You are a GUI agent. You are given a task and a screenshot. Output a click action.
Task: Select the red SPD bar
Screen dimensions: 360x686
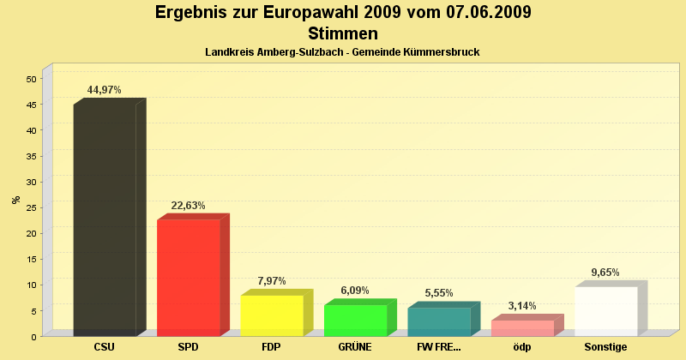[189, 278]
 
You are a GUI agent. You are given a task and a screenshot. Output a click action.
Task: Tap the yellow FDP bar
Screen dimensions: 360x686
[272, 315]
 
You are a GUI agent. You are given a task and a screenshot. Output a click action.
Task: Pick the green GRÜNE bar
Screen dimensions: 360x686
[355, 320]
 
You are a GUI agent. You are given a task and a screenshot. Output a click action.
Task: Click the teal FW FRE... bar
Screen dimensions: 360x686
[439, 321]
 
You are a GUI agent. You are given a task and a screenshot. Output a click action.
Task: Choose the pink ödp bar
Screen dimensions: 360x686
[522, 327]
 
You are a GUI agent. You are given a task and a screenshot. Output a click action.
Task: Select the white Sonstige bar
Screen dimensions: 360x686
[606, 311]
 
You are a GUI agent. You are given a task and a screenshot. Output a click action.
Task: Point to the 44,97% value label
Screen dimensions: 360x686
[105, 90]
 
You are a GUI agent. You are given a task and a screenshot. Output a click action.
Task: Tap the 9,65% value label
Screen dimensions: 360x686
[605, 273]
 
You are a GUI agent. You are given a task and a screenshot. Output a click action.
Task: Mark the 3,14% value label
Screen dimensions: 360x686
[522, 306]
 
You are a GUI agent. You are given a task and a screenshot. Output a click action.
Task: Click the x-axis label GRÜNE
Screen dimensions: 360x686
[355, 347]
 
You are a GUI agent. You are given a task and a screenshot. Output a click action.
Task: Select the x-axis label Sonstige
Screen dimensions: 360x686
[606, 347]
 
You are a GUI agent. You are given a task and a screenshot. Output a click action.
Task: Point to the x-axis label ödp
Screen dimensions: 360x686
[522, 347]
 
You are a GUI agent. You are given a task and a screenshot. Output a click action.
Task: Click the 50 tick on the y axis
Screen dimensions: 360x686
[31, 79]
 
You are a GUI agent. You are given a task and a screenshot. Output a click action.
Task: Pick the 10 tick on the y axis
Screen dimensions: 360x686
[31, 285]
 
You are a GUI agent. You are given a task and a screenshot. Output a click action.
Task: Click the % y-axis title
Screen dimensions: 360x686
[15, 200]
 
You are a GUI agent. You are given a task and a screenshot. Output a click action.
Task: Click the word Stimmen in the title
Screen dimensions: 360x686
[342, 34]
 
